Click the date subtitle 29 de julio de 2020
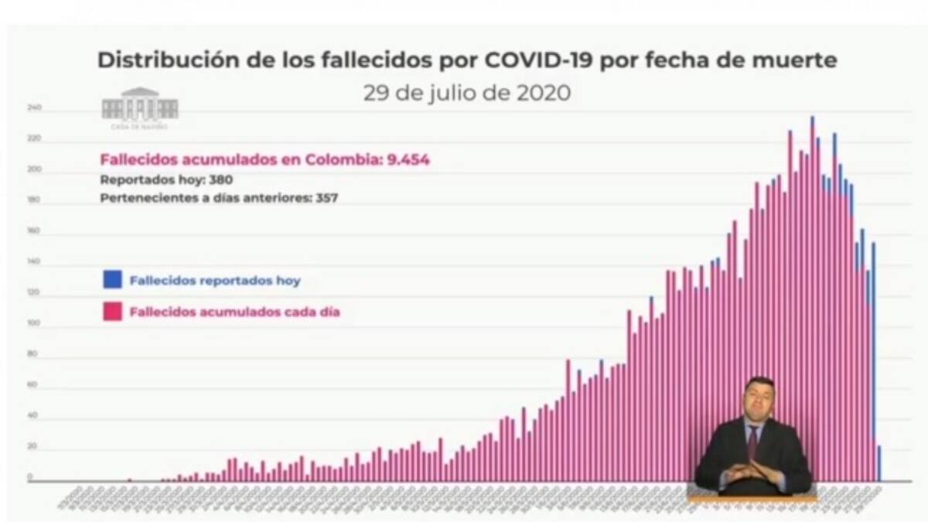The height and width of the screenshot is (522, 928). click(x=467, y=93)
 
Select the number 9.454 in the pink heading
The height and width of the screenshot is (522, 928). click(x=403, y=160)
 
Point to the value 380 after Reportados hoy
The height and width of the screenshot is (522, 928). click(x=220, y=179)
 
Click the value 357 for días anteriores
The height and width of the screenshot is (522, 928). click(x=325, y=197)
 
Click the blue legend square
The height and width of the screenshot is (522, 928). click(x=112, y=280)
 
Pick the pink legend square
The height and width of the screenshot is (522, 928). click(x=112, y=312)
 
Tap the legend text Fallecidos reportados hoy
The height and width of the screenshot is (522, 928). click(x=215, y=281)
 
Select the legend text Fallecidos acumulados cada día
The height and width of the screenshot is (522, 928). click(x=235, y=313)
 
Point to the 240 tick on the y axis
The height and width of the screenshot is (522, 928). click(x=34, y=109)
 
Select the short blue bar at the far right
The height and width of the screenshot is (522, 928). click(x=879, y=462)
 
